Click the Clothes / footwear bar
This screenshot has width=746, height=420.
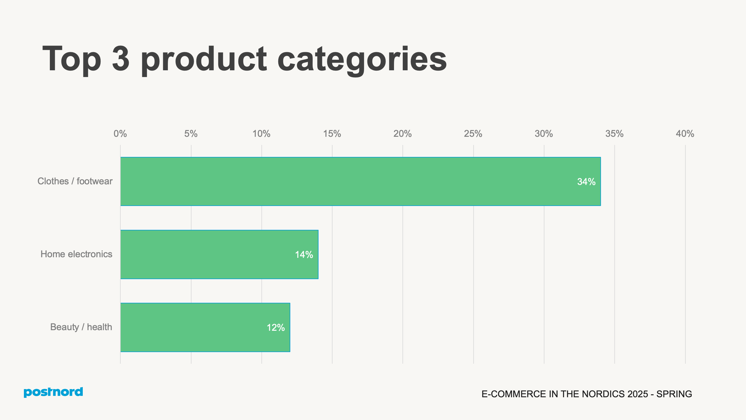point(360,181)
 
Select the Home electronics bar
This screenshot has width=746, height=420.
point(219,254)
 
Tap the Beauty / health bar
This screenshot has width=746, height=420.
point(205,327)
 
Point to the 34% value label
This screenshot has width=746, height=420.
point(586,182)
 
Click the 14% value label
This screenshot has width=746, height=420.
point(304,255)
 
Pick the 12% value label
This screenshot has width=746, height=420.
point(276,328)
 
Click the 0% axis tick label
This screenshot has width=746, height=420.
point(120,134)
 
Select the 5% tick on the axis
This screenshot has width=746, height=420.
point(191,134)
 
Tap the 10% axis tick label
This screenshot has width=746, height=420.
point(261,134)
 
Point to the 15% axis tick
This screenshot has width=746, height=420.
point(332,134)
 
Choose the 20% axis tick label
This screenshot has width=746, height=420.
point(402,134)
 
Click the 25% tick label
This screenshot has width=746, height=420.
point(473,134)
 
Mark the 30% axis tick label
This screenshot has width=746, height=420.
point(544,134)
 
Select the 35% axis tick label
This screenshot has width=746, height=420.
point(614,134)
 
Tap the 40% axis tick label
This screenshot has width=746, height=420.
point(685,134)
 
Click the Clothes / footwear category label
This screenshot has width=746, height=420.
point(75,181)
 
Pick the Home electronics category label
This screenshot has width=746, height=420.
point(76,254)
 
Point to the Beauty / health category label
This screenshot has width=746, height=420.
point(81,327)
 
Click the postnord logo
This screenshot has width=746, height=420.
point(53,392)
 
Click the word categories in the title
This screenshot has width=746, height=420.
point(362,60)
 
